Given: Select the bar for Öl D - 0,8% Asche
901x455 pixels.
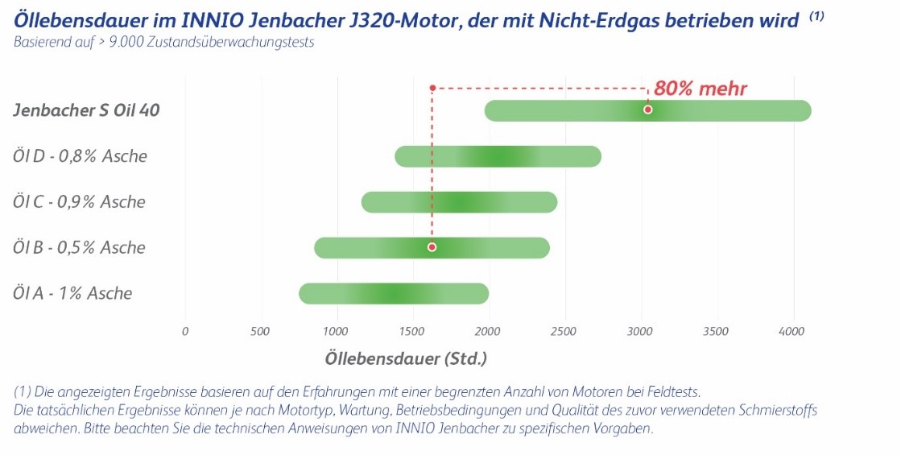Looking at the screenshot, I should (498, 156).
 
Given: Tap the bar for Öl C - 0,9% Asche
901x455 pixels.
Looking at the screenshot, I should (459, 202).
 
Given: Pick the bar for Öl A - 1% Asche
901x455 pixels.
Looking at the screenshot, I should (393, 293).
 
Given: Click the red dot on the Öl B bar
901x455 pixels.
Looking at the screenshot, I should (432, 247).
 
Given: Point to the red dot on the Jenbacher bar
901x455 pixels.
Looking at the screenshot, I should (647, 110).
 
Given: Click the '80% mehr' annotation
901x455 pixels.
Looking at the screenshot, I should (700, 89).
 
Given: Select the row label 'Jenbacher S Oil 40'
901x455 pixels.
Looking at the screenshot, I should (86, 110).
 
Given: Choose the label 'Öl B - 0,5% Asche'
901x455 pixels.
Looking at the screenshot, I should (79, 247).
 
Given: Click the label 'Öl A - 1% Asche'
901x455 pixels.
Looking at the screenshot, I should (72, 293).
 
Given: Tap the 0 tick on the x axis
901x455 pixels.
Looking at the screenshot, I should (185, 331).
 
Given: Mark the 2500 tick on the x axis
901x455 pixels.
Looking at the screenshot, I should (564, 331).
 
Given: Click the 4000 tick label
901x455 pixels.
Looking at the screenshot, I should (792, 331).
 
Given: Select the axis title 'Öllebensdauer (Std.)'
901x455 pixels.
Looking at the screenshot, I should (406, 358).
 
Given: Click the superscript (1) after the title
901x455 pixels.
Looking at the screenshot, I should (816, 15).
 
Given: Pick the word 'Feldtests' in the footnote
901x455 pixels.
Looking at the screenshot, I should (669, 392).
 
